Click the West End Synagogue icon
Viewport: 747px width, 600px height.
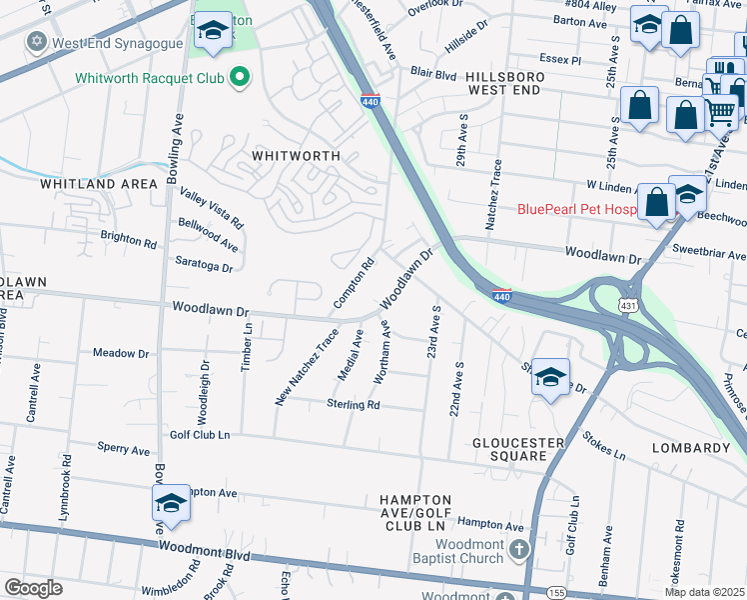click(x=38, y=42)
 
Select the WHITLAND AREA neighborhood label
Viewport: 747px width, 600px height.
click(x=99, y=184)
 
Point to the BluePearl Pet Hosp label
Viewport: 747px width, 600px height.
click(x=576, y=209)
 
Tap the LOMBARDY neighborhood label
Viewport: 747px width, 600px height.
click(x=691, y=448)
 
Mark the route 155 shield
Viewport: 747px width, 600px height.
click(x=556, y=593)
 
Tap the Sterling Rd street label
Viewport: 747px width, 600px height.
click(x=354, y=405)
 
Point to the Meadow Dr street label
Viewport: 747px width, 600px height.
click(x=121, y=353)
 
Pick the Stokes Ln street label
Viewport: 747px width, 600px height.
click(x=604, y=446)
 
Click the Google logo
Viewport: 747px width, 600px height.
click(x=33, y=588)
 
